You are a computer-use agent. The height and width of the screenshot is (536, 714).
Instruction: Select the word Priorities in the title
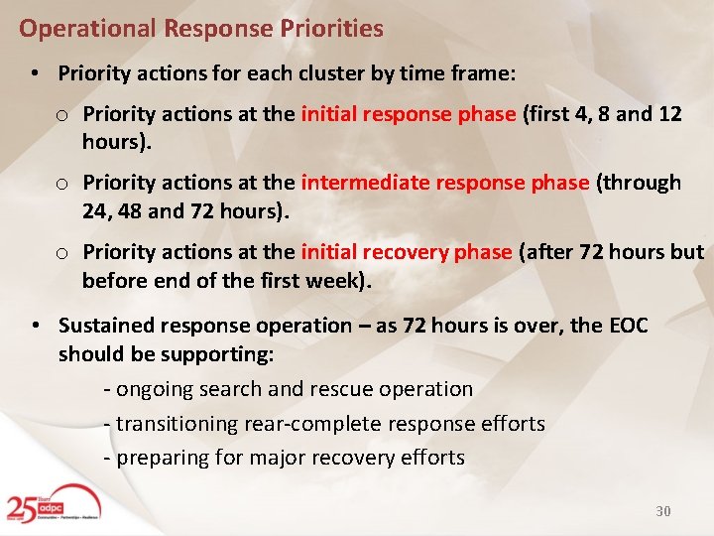click(x=334, y=29)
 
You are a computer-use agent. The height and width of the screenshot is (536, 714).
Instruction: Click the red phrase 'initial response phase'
click(x=409, y=114)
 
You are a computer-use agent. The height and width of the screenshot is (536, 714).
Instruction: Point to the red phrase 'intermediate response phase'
click(x=445, y=183)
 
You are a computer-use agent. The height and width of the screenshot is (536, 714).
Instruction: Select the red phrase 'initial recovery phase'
click(x=407, y=252)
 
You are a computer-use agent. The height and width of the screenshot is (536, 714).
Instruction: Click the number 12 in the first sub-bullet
click(x=669, y=114)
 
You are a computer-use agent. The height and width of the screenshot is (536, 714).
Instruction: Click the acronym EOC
click(x=626, y=326)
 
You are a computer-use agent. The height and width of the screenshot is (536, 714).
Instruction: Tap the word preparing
click(x=163, y=458)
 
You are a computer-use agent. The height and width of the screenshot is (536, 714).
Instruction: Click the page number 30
click(x=663, y=511)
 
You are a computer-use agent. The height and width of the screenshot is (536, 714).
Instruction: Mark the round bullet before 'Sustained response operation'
click(x=35, y=326)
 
